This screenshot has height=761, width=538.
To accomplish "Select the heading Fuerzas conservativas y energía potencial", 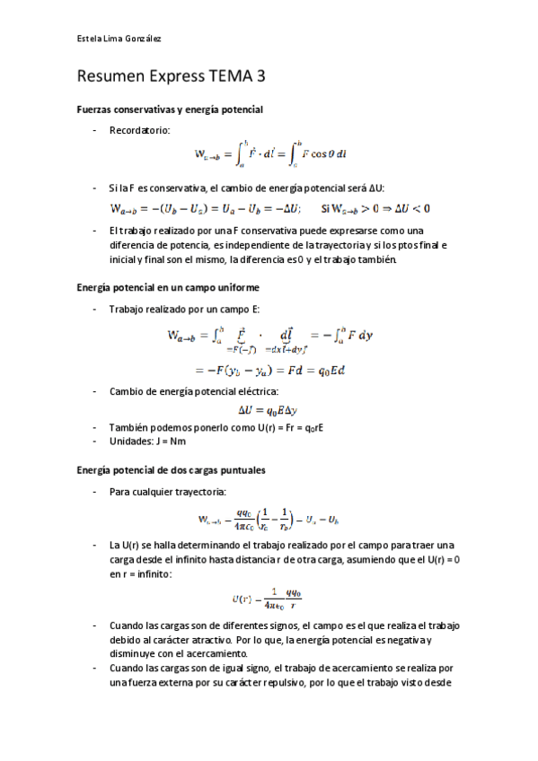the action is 169,109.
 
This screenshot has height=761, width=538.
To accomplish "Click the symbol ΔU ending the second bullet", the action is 375,188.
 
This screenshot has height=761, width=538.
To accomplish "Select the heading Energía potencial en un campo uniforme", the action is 168,287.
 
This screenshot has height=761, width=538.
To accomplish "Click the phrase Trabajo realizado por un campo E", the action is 174,309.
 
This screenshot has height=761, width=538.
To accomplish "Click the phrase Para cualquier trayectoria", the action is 168,492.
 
